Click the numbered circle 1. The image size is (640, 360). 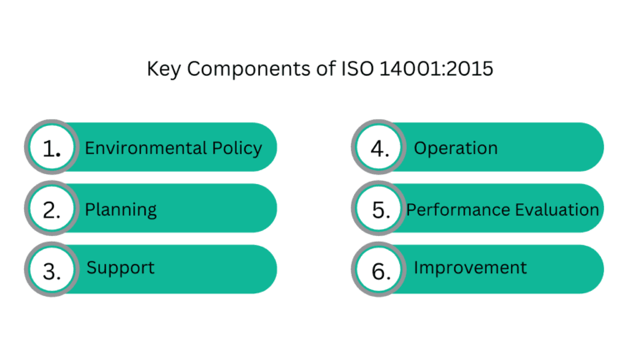pos(52,148)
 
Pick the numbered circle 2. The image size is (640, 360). pos(52,209)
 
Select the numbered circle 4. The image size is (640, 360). pos(380,148)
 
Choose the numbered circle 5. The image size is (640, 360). pos(380,209)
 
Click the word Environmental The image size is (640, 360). pos(145,148)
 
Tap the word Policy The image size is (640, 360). pos(236,148)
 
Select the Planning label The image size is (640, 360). pos(121,209)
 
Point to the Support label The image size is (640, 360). pos(121,268)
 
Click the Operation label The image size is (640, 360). pos(456,148)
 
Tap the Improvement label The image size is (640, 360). pos(470,267)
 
